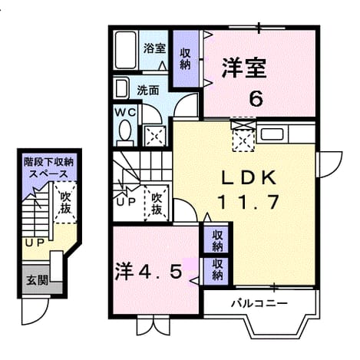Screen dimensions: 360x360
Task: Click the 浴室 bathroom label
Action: [x=154, y=48]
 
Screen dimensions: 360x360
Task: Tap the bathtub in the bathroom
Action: [x=125, y=50]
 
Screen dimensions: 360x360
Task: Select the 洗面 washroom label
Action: [x=148, y=91]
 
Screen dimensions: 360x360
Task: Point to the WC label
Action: [x=125, y=113]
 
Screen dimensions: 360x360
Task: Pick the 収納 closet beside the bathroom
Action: [x=186, y=59]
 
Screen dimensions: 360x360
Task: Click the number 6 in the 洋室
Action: [x=256, y=99]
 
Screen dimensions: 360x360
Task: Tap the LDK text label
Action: [x=249, y=177]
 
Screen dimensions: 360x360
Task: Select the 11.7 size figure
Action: [x=248, y=202]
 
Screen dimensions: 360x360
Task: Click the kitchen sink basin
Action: [x=272, y=134]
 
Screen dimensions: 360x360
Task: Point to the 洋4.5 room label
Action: [x=149, y=271]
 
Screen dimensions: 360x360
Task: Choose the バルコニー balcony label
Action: [x=259, y=304]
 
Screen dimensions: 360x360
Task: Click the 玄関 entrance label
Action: [x=38, y=281]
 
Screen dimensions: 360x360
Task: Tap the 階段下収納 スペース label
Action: [x=48, y=168]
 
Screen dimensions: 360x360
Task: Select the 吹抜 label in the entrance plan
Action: [x=65, y=203]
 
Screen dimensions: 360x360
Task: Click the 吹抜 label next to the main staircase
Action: [x=157, y=203]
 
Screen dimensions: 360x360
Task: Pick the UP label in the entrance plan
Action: [x=35, y=243]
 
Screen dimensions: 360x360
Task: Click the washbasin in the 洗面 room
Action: [x=121, y=88]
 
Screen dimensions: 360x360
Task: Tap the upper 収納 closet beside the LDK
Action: [x=217, y=241]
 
